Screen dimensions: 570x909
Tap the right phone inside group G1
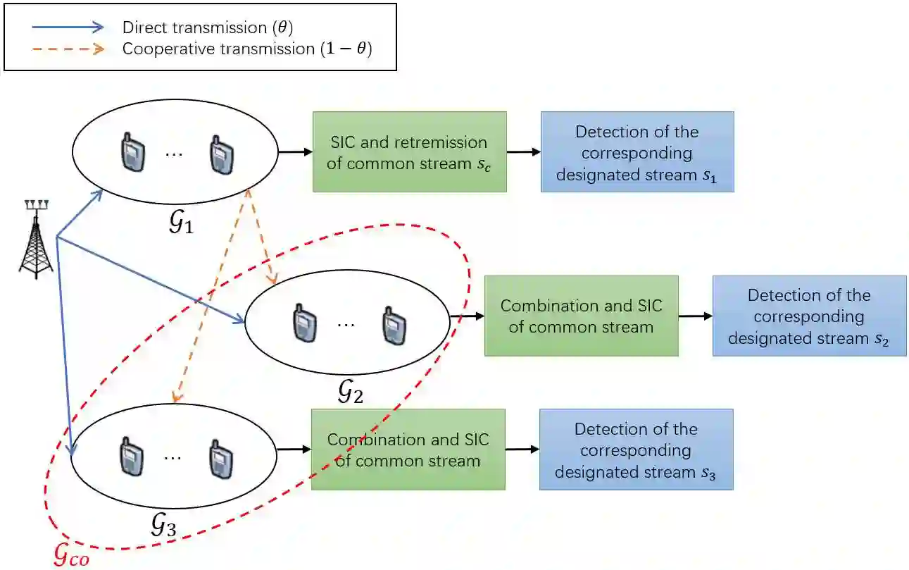tap(219, 153)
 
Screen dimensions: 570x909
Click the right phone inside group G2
tap(391, 323)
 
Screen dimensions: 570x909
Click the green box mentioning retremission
tap(409, 151)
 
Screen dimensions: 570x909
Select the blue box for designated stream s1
tap(637, 151)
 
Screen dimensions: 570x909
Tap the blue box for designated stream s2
tap(808, 316)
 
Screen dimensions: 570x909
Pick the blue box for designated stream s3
tap(636, 449)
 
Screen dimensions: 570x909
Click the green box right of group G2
tap(580, 316)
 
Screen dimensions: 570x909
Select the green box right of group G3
tap(408, 450)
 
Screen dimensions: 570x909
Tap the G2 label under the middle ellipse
tap(350, 391)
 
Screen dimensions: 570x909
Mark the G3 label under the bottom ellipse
tap(163, 524)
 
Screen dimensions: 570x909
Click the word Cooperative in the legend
tap(160, 49)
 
